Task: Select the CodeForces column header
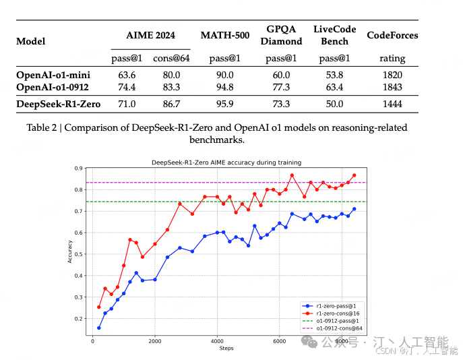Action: click(392, 35)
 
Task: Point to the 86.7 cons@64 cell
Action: click(166, 104)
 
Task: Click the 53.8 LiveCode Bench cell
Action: click(334, 75)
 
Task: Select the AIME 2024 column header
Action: click(150, 35)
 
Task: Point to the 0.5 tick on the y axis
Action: click(83, 254)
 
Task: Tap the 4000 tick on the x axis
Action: click(217, 342)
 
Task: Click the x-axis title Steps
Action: click(226, 349)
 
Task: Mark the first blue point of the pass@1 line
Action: click(99, 328)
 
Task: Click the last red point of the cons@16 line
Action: click(354, 175)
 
